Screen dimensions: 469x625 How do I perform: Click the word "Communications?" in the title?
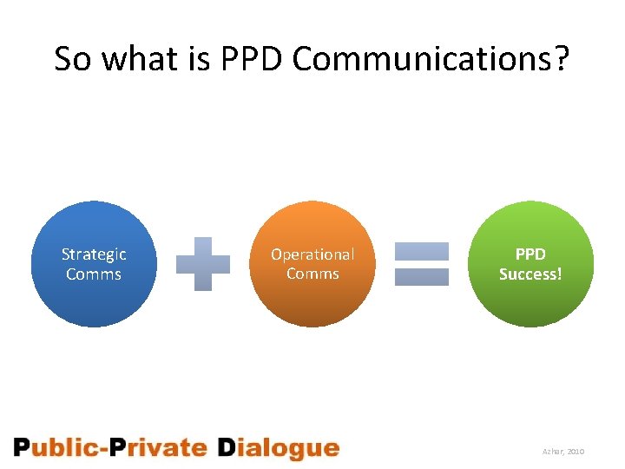tap(431, 59)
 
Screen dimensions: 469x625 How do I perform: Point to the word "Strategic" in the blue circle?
tap(94, 254)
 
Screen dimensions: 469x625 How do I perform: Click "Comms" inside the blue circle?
tap(94, 274)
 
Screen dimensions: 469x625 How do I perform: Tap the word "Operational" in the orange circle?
tap(312, 254)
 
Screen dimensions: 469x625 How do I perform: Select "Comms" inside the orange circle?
tap(312, 274)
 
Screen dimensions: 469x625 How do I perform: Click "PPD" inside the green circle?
tap(530, 254)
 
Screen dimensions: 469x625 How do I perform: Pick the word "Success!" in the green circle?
tap(530, 274)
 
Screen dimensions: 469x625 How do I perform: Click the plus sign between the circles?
tap(203, 263)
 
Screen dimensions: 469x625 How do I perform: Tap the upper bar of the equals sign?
tap(422, 251)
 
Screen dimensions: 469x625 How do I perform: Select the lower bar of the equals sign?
tap(422, 277)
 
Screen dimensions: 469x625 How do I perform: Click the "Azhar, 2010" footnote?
tap(564, 452)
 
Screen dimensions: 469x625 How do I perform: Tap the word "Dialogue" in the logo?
tap(277, 449)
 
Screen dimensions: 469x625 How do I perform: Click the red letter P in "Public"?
tap(22, 448)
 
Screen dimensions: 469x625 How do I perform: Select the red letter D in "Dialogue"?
tap(226, 448)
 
